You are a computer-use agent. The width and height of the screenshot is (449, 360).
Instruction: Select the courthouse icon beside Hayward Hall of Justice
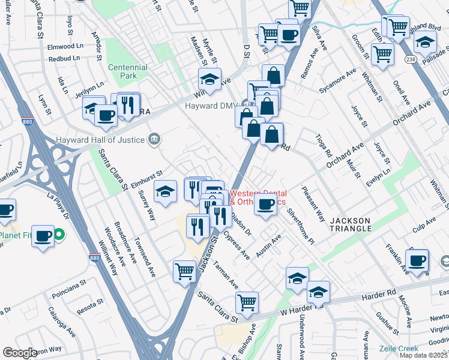155,140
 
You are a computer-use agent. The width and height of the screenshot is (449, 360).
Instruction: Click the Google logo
20,353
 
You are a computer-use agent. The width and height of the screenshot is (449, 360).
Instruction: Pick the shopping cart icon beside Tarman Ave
184,271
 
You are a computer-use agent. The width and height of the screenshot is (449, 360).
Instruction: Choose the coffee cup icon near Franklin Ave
417,260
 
